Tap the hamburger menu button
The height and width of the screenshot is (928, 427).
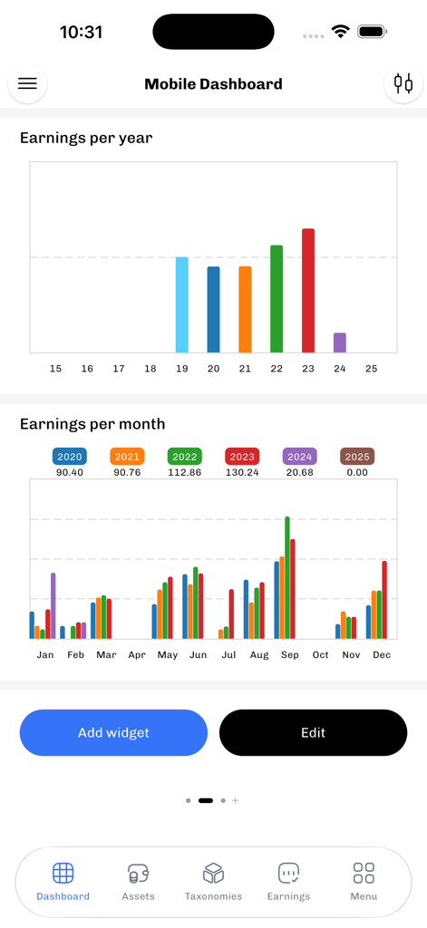(x=27, y=83)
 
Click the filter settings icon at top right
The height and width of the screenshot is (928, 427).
(x=403, y=83)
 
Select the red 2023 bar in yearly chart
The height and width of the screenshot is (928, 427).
(x=308, y=290)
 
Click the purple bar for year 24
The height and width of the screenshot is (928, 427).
(x=340, y=343)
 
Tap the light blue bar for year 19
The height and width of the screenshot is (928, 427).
(x=182, y=304)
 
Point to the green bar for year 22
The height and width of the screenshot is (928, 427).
(x=277, y=298)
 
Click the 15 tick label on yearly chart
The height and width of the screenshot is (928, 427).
(x=56, y=369)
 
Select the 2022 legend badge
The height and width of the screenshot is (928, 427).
(x=185, y=457)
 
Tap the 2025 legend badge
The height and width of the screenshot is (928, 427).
(x=357, y=457)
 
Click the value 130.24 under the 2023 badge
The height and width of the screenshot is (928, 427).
(x=242, y=472)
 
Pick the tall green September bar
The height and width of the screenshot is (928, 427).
(x=287, y=577)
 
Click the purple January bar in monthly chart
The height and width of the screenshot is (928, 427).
(x=53, y=605)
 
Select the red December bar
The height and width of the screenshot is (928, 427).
(x=384, y=599)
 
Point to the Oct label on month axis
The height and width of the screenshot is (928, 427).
(x=320, y=654)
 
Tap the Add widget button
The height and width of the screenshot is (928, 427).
(x=113, y=732)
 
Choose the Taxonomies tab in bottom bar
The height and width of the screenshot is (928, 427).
(x=213, y=879)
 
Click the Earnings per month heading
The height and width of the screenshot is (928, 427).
(x=92, y=423)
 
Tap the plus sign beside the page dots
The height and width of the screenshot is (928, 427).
(x=236, y=800)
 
